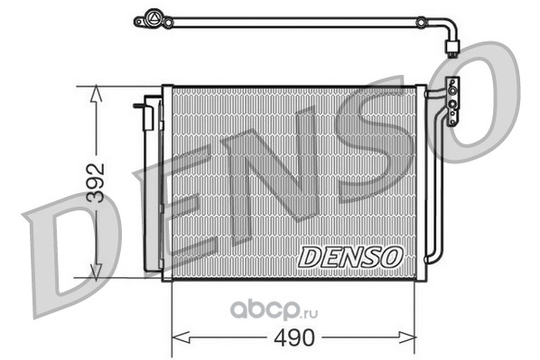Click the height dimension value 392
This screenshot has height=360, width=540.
(96, 183)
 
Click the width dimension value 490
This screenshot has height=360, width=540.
(294, 337)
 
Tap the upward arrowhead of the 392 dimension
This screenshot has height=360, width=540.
(96, 94)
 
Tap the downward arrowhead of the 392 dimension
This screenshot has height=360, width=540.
(96, 272)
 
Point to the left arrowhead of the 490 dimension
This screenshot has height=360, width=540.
(181, 337)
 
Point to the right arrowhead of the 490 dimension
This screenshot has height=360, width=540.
(406, 337)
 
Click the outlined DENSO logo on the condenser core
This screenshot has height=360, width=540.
(350, 257)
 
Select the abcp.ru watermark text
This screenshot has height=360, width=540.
(274, 309)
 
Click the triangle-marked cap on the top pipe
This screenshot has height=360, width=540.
(153, 17)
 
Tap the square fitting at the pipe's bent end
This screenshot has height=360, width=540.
(452, 46)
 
